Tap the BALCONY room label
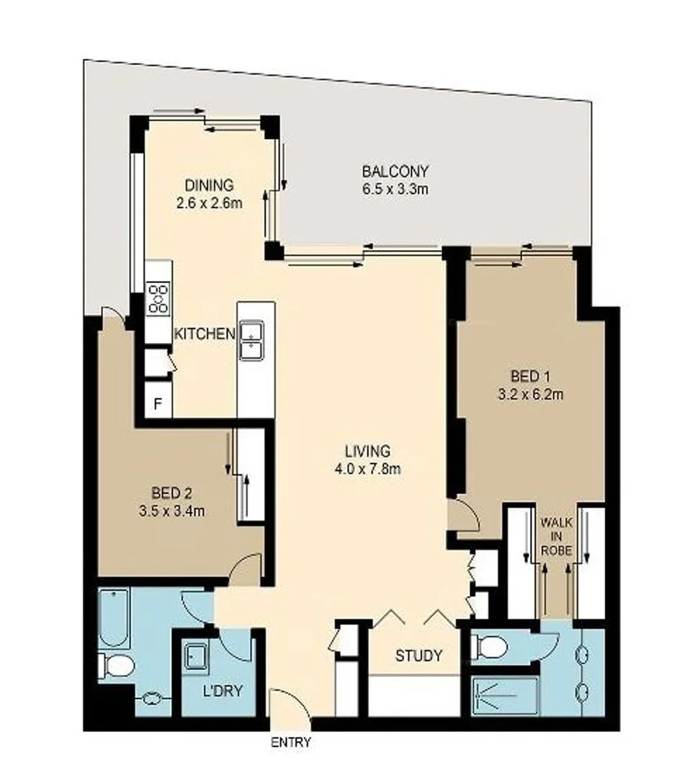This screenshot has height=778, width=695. pyautogui.click(x=395, y=171)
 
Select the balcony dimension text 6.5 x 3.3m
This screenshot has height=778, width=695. pyautogui.click(x=395, y=189)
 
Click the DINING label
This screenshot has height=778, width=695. pyautogui.click(x=208, y=185)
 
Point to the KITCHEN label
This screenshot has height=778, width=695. pyautogui.click(x=205, y=334)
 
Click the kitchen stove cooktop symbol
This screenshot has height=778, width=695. pyautogui.click(x=158, y=298)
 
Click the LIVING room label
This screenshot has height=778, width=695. pyautogui.click(x=367, y=451)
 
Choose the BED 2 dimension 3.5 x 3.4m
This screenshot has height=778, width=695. pyautogui.click(x=172, y=511)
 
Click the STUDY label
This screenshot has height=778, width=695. pyautogui.click(x=418, y=656)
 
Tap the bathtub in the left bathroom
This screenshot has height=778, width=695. pyautogui.click(x=114, y=618)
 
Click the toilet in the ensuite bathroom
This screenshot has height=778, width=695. pyautogui.click(x=489, y=646)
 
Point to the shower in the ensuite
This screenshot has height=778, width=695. pyautogui.click(x=504, y=695)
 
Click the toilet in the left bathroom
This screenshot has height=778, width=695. pyautogui.click(x=117, y=666)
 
